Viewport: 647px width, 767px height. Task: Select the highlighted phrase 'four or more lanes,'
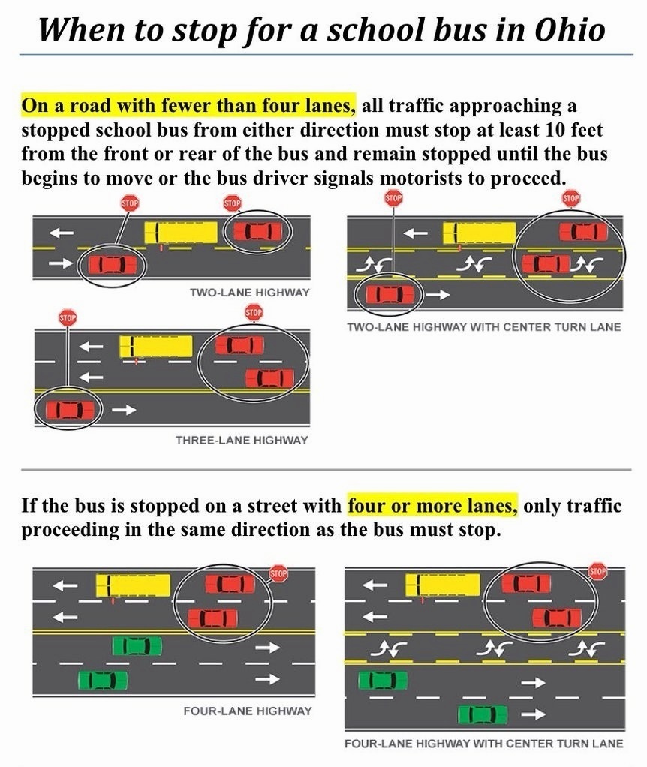tap(432, 505)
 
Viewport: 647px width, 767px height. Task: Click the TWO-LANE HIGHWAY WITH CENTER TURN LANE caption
tap(484, 327)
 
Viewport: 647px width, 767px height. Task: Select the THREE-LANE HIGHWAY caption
tap(242, 440)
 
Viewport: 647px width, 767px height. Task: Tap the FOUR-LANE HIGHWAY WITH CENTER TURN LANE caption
tap(483, 744)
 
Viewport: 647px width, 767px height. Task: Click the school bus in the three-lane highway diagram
tap(156, 347)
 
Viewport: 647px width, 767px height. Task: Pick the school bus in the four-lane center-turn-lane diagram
tap(442, 585)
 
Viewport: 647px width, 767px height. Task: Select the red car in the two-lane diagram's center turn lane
tap(546, 263)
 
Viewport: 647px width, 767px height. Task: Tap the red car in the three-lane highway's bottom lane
tap(70, 410)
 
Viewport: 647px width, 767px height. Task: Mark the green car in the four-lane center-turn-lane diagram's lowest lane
tap(482, 714)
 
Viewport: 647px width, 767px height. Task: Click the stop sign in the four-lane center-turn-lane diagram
tap(598, 571)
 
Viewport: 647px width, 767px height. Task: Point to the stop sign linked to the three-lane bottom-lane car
tap(68, 318)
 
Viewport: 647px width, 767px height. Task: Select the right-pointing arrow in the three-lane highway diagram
tap(128, 410)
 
